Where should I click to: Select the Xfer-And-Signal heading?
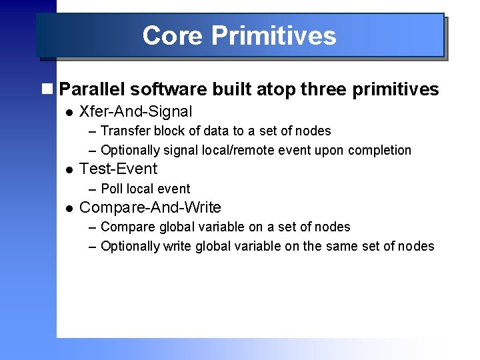(x=135, y=112)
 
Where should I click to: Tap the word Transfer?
(x=125, y=131)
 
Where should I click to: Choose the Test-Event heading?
(x=118, y=169)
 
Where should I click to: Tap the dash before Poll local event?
(x=93, y=189)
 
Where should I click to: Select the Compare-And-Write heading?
(x=150, y=208)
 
